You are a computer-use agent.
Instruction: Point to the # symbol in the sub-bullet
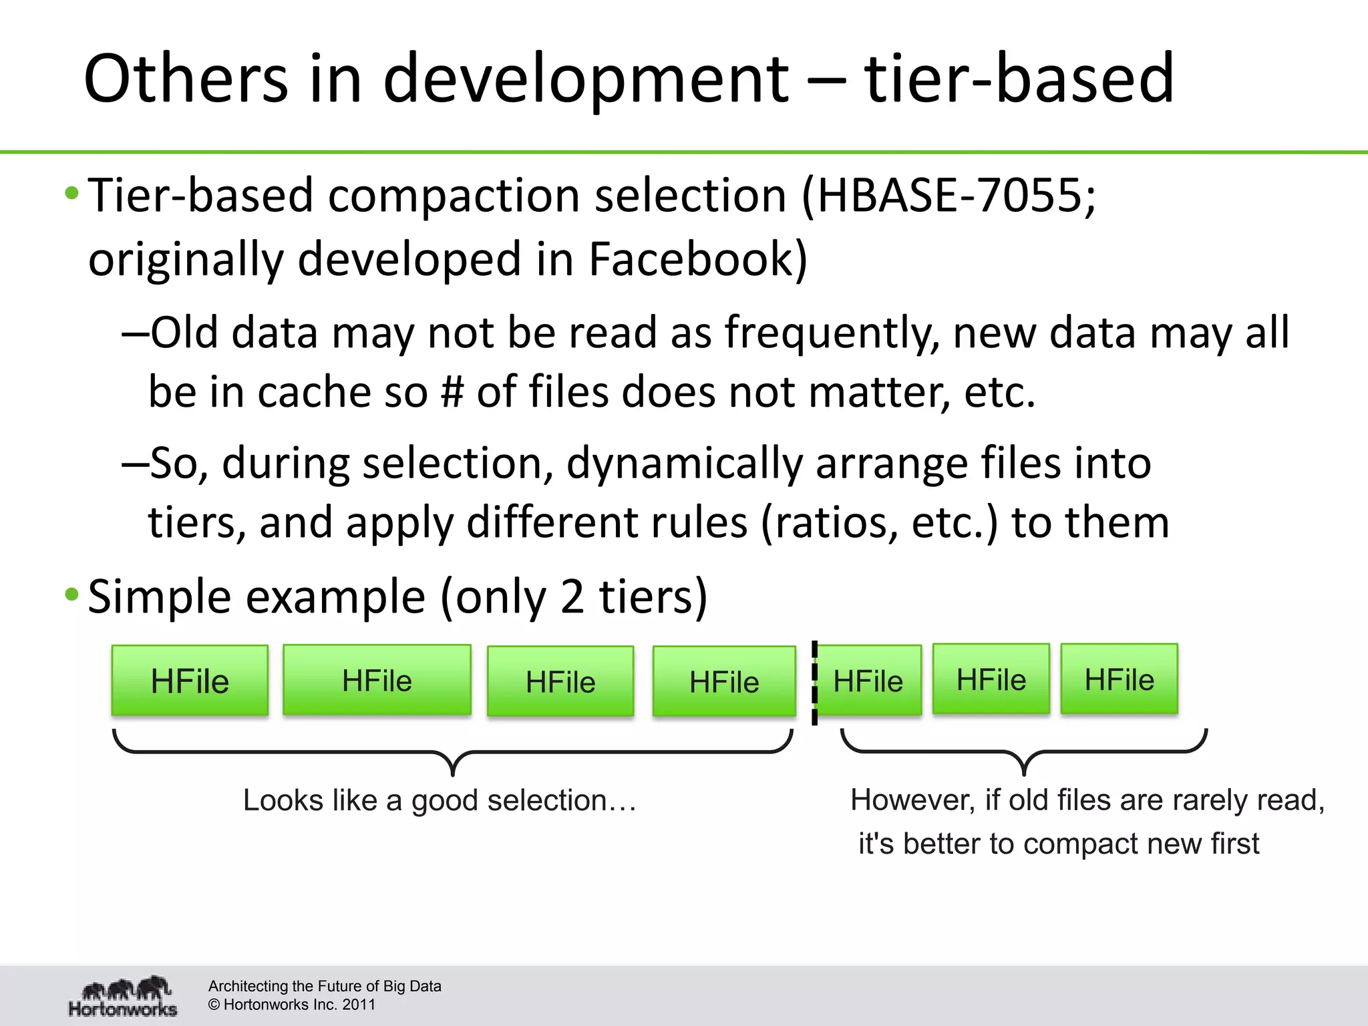(452, 391)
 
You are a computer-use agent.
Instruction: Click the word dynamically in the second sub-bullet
(684, 463)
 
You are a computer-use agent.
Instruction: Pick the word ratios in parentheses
(835, 522)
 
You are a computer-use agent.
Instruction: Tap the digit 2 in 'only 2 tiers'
(572, 596)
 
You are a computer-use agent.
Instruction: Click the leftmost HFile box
(190, 681)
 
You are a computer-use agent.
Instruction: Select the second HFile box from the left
(377, 680)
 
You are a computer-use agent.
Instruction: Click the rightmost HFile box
(1119, 679)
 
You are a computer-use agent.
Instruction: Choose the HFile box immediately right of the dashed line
(868, 681)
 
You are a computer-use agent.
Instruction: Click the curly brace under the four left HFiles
(453, 753)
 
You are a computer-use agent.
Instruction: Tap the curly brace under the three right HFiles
(1023, 753)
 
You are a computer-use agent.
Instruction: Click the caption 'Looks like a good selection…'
(440, 800)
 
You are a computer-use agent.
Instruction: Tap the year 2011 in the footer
(359, 1005)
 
